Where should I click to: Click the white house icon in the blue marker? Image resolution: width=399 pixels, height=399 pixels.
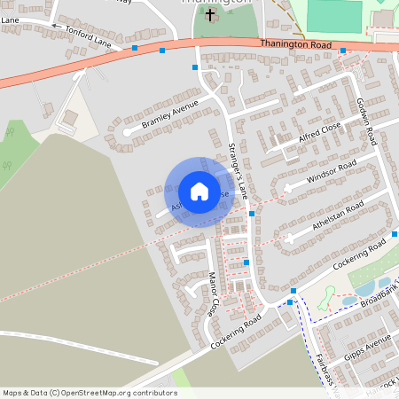point(199,192)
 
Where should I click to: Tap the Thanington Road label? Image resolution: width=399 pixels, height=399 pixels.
point(296,43)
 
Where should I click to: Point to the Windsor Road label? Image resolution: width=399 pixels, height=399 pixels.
point(331,172)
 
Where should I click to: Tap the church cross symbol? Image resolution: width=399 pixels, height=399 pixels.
point(210,15)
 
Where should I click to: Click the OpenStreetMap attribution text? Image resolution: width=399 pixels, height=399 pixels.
point(89,393)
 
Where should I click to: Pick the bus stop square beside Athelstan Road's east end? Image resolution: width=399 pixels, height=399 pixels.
point(395,234)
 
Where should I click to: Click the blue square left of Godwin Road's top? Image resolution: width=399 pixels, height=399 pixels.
point(343,51)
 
